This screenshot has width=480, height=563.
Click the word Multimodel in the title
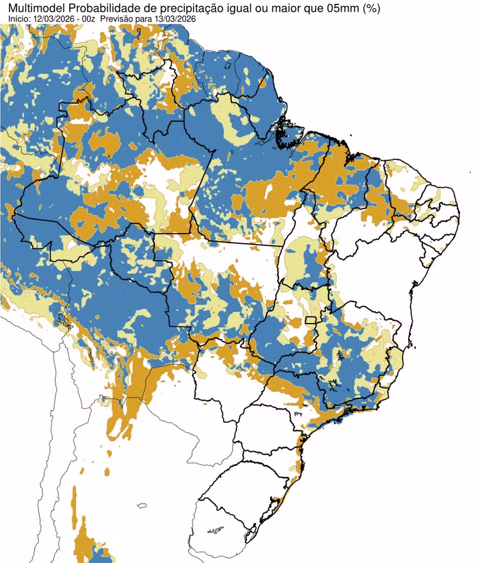point(33,8)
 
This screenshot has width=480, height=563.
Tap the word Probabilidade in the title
point(99,8)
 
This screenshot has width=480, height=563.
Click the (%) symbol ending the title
point(372,8)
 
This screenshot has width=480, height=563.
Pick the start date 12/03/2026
point(51,19)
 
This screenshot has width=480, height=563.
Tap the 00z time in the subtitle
point(88,19)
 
